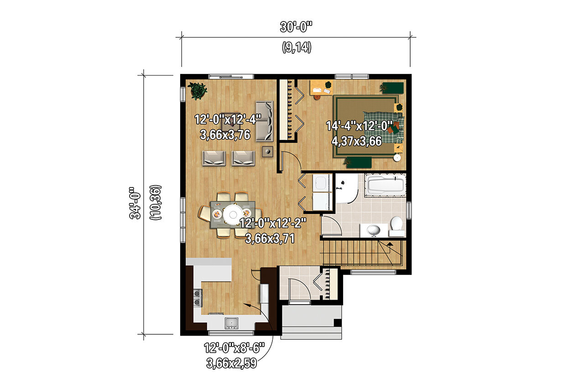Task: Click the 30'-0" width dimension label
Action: pos(296,27)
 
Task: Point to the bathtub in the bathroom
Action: pos(385,185)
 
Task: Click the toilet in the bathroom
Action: pos(396,225)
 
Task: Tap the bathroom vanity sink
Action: pos(374,230)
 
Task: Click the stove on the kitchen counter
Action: pos(198,298)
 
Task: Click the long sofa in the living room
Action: pos(264,121)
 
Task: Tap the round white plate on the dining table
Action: pos(233,213)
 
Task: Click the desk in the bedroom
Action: pos(321,88)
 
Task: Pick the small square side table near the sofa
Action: pos(267,151)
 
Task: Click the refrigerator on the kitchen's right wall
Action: pos(264,293)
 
